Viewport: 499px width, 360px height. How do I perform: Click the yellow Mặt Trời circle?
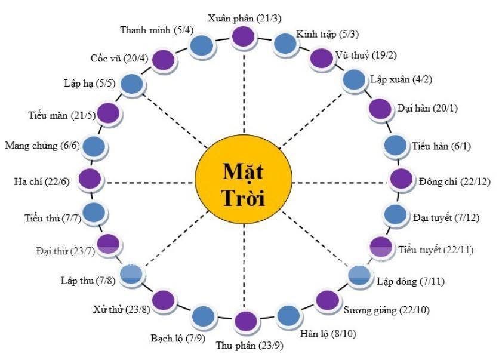pyautogui.click(x=244, y=183)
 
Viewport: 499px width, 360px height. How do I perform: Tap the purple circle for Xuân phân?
pyautogui.click(x=244, y=36)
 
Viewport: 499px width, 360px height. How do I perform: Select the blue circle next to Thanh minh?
pyautogui.click(x=202, y=46)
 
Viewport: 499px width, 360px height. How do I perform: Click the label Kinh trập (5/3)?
pyautogui.click(x=327, y=35)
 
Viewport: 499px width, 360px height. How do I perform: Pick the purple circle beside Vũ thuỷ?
pyautogui.click(x=321, y=59)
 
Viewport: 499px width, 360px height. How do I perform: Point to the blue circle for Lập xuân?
pyautogui.click(x=353, y=79)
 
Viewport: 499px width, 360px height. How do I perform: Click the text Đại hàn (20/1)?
pyautogui.click(x=427, y=109)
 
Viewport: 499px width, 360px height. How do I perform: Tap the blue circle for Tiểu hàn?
pyautogui.click(x=395, y=146)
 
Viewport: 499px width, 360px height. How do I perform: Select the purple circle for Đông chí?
pyautogui.click(x=401, y=179)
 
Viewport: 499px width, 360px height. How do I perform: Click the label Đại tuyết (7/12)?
pyautogui.click(x=446, y=218)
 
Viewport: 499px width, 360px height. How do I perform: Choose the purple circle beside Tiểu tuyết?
pyautogui.click(x=381, y=248)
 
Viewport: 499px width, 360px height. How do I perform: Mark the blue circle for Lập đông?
pyautogui.click(x=359, y=275)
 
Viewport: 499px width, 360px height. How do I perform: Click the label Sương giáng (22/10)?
pyautogui.click(x=386, y=310)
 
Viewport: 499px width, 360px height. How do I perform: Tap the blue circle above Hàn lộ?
pyautogui.click(x=288, y=316)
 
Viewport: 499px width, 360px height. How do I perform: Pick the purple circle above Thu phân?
pyautogui.click(x=246, y=321)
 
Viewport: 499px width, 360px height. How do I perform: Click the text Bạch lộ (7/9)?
pyautogui.click(x=178, y=338)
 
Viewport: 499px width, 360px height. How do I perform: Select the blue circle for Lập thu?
pyautogui.click(x=132, y=275)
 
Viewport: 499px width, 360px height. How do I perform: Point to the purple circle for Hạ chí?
pyautogui.click(x=90, y=179)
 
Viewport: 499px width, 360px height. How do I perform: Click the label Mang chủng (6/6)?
pyautogui.click(x=42, y=146)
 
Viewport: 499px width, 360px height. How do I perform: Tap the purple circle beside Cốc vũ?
pyautogui.click(x=164, y=60)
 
